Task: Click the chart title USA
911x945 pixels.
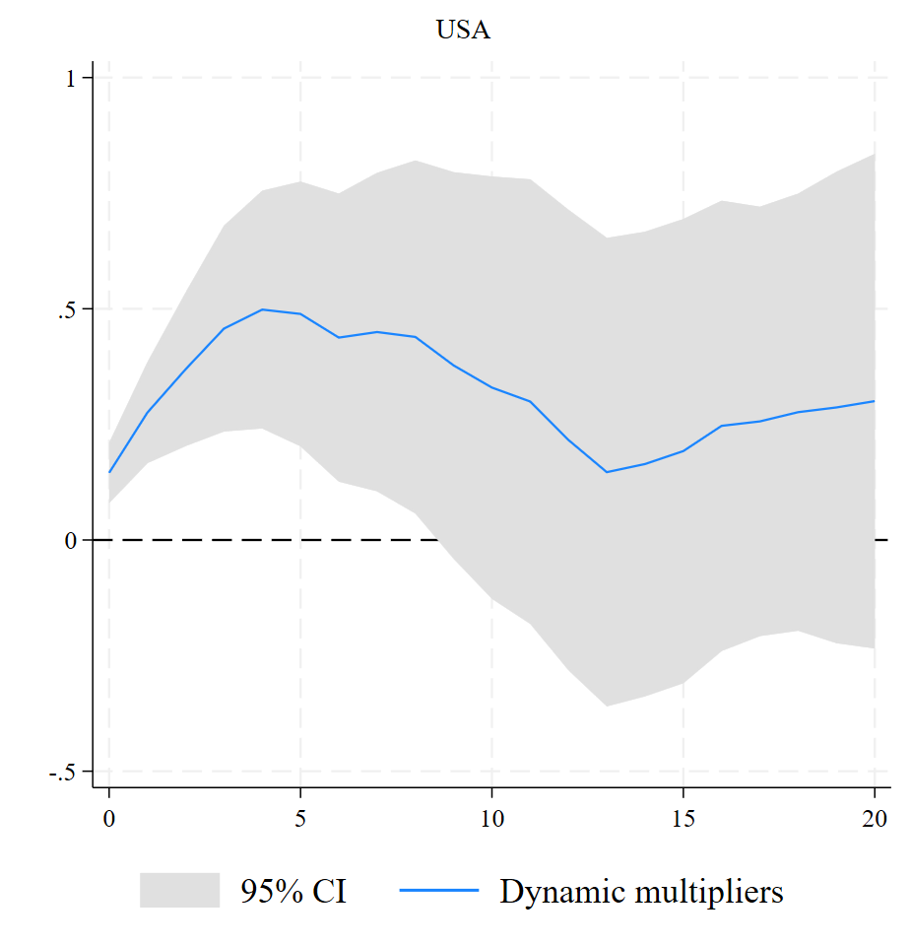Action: tap(463, 31)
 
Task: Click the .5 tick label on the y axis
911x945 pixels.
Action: tap(67, 309)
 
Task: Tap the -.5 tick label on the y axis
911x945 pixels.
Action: tap(63, 772)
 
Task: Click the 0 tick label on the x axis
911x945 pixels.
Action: tap(108, 818)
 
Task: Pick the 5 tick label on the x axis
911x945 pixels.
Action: tap(300, 818)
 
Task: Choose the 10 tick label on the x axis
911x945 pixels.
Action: tap(491, 818)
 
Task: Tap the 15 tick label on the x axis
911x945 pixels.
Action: tap(683, 818)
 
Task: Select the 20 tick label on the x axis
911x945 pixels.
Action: tap(875, 818)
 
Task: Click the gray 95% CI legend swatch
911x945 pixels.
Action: tap(179, 891)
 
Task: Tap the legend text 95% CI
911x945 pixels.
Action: tap(293, 892)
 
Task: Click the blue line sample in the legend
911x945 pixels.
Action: tap(439, 891)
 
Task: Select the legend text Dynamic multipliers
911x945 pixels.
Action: tap(641, 892)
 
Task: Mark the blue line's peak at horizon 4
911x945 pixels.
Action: tap(262, 309)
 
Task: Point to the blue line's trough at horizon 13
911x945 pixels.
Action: tap(607, 472)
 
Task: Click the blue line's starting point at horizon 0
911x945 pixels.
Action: tap(108, 472)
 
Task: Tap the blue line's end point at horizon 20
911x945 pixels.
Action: tap(875, 401)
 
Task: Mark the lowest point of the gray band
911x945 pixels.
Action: tap(607, 706)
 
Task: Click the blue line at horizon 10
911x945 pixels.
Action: tap(491, 387)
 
